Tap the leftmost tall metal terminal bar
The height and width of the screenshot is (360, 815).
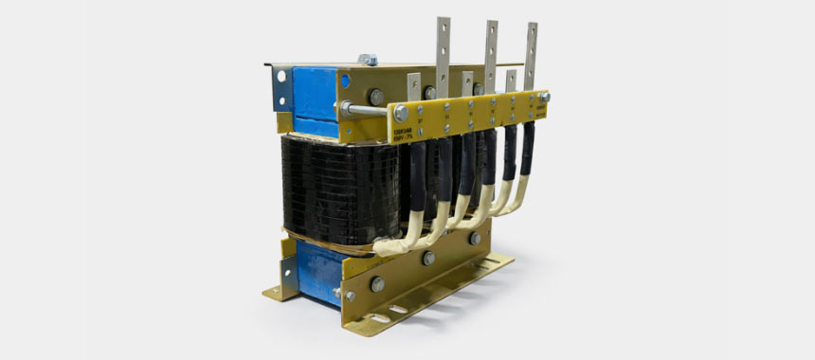[x=443, y=47]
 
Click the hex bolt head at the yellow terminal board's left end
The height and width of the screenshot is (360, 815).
[x=401, y=113]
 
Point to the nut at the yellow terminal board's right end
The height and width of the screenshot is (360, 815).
[x=544, y=97]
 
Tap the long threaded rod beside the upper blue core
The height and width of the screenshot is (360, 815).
[x=368, y=109]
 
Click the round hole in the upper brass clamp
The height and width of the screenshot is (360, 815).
[x=345, y=82]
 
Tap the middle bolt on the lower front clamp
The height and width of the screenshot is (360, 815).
[x=429, y=259]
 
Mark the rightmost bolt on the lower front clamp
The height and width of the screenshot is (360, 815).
[x=474, y=239]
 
